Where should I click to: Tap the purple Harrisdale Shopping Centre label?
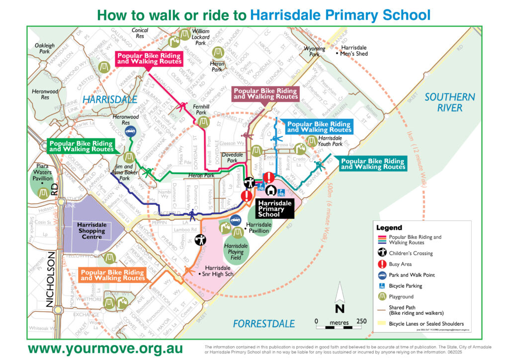pos(91,231)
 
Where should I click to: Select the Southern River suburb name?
pos(450,102)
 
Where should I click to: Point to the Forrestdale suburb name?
pos(264,324)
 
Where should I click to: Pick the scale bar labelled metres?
pos(340,322)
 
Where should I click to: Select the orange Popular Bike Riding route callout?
pos(113,275)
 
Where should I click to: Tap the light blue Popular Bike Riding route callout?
pos(319,127)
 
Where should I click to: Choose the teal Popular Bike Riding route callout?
pos(373,164)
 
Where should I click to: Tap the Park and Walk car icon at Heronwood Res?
pos(130,132)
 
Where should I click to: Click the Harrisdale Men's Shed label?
pos(354,50)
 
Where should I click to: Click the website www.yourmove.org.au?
pos(105,348)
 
